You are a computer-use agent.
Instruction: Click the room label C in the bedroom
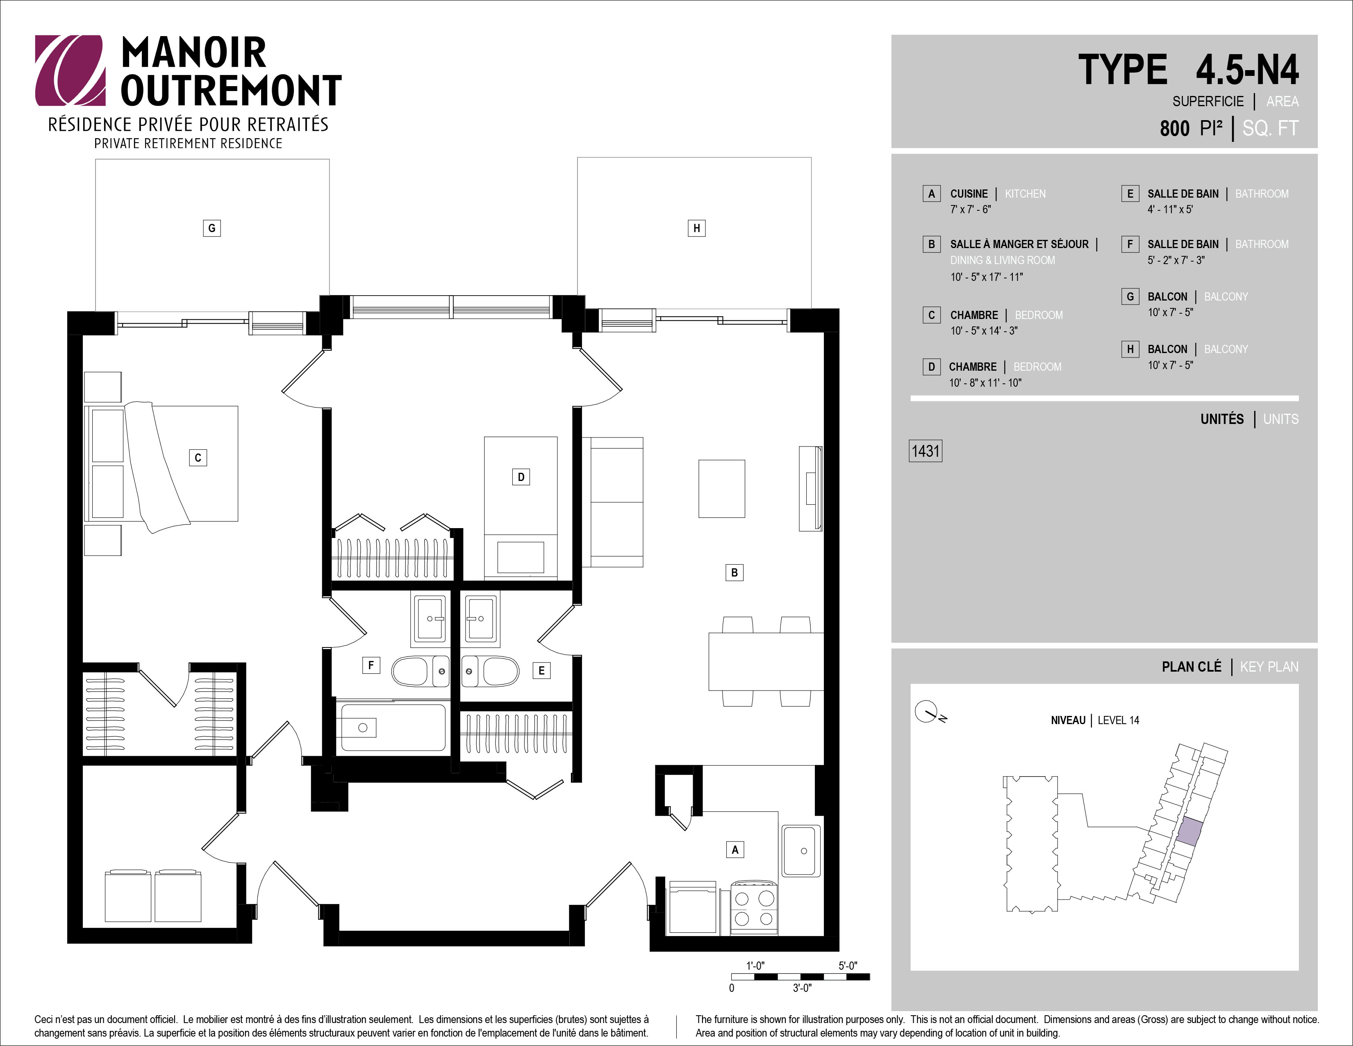198,458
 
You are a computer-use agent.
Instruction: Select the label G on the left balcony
212,228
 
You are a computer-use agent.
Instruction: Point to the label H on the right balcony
696,228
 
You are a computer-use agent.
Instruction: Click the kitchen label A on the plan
735,850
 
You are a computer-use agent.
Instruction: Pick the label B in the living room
734,572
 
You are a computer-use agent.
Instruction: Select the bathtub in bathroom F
391,727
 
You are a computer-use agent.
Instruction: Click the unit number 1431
925,451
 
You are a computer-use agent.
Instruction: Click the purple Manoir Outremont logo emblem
70,70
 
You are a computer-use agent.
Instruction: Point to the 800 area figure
1175,128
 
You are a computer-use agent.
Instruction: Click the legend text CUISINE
969,194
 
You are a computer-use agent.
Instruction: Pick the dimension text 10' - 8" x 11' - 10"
985,383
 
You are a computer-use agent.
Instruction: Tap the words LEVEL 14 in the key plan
1118,720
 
